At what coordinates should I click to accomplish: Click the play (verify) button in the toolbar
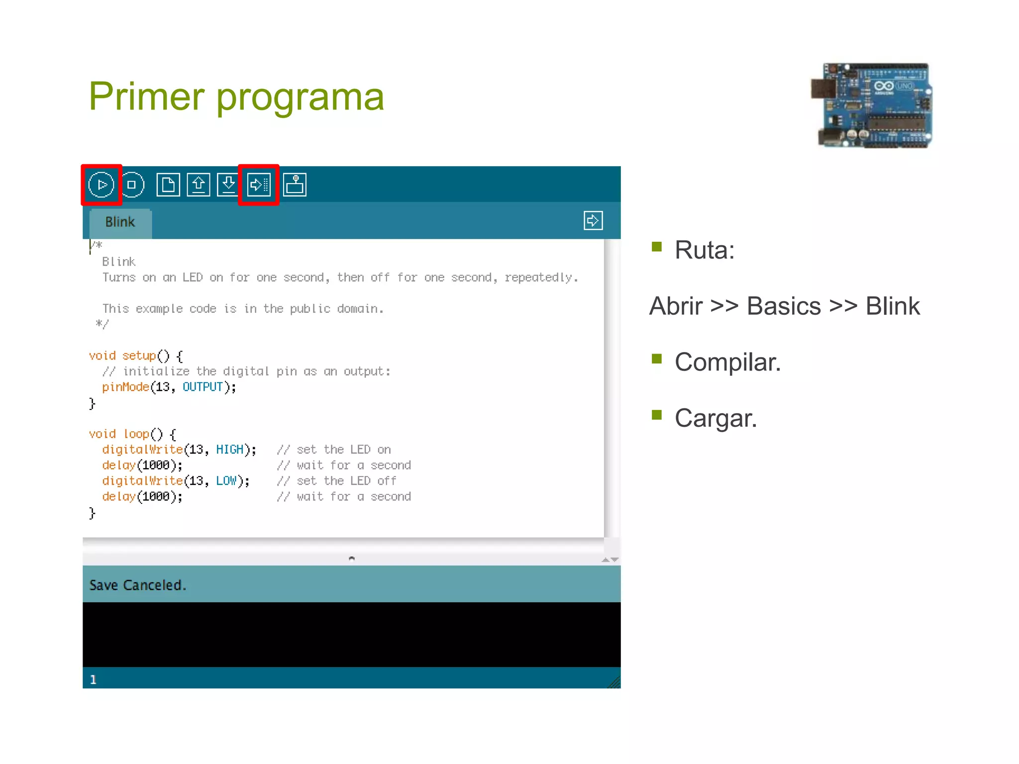click(x=102, y=185)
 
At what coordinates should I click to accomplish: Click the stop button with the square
click(x=132, y=185)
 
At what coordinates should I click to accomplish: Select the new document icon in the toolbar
click(x=168, y=185)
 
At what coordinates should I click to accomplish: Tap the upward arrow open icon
click(x=199, y=185)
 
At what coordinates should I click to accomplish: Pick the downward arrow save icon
click(x=228, y=185)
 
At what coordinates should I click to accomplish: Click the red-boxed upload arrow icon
click(x=259, y=185)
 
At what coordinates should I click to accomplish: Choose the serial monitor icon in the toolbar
click(x=295, y=185)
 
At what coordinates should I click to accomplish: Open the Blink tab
click(x=120, y=222)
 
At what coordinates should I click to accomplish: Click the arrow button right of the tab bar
click(x=593, y=220)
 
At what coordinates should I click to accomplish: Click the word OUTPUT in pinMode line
click(x=203, y=387)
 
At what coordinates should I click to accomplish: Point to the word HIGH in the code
click(x=229, y=450)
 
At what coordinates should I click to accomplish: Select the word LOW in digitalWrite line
click(x=226, y=481)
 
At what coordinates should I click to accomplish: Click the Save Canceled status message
click(x=138, y=585)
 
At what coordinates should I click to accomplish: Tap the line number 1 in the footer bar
click(x=93, y=680)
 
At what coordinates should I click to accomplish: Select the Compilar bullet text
click(x=727, y=362)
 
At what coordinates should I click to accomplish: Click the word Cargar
click(x=715, y=418)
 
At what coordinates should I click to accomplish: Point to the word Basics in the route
click(x=784, y=306)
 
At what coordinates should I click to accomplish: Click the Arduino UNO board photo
click(x=872, y=105)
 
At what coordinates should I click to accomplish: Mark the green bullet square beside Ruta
click(x=657, y=247)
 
